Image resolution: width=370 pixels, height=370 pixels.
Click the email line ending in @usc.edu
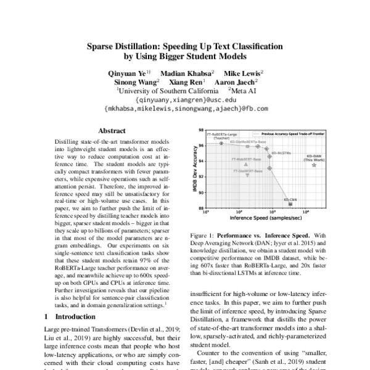(x=185, y=99)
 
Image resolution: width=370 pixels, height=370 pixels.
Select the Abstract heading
(x=112, y=131)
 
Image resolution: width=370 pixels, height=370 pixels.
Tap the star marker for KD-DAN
(x=314, y=165)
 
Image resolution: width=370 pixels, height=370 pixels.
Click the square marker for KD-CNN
(x=290, y=203)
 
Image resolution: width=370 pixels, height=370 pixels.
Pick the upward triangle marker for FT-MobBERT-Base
(x=246, y=165)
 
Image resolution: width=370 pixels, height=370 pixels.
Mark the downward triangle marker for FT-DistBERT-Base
(x=247, y=175)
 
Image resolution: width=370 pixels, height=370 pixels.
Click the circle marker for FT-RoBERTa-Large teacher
(x=221, y=143)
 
